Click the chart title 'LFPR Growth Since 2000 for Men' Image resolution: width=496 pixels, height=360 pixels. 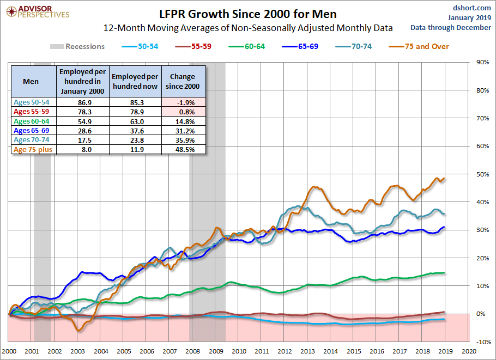point(248,14)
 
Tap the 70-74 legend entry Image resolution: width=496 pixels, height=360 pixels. point(354,46)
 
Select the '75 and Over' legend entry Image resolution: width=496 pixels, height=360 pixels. point(419,46)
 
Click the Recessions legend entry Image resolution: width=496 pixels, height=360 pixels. point(77,46)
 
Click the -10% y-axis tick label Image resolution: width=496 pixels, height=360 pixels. point(483,342)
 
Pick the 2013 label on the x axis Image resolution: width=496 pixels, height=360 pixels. point(307,351)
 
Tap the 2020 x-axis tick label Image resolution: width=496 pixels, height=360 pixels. point(469,351)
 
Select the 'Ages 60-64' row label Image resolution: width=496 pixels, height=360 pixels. point(31,121)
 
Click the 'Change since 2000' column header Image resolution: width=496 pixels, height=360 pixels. point(183,81)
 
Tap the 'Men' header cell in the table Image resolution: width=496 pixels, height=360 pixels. point(31,81)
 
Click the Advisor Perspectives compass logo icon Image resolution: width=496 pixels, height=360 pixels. point(11,12)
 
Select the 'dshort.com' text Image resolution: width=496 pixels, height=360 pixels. point(471,8)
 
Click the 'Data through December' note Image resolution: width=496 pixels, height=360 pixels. point(451,27)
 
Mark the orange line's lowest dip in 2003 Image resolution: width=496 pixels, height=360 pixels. point(78,331)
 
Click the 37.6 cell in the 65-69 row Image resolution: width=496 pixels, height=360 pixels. point(137,131)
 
